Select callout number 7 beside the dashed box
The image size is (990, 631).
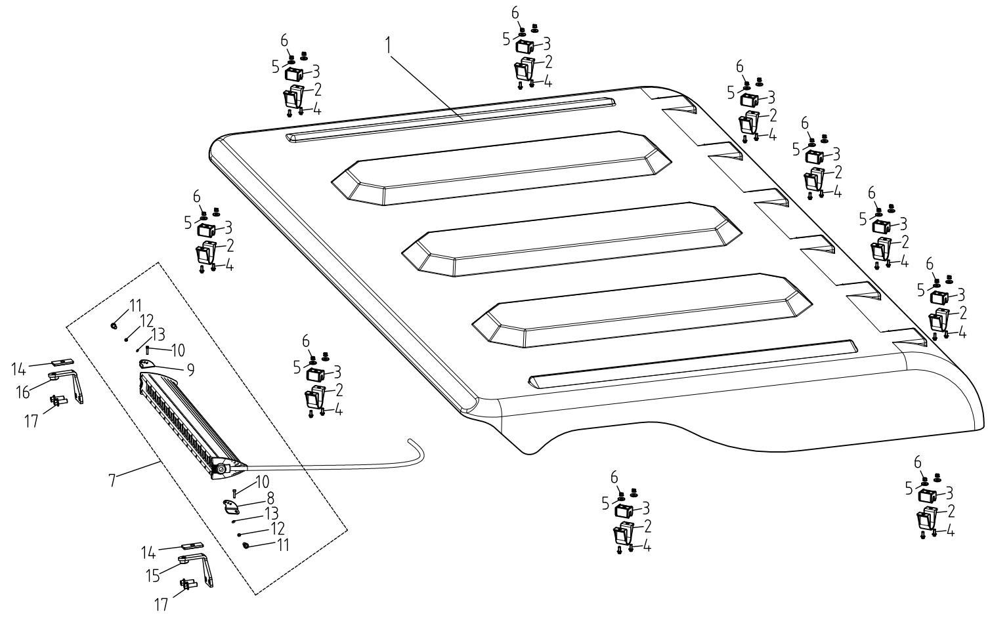112,480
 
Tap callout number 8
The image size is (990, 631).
270,498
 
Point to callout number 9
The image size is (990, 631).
190,370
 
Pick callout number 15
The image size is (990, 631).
154,575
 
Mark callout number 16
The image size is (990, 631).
23,392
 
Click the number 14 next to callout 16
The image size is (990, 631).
19,369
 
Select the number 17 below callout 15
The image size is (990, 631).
161,604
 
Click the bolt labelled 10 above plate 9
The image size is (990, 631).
148,351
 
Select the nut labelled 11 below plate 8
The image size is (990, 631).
246,545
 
